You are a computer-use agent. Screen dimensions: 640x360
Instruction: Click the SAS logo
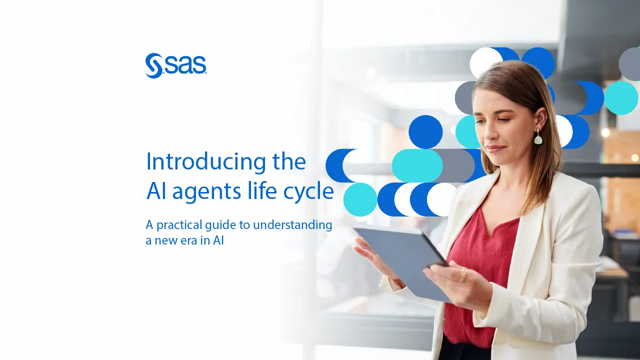(x=175, y=65)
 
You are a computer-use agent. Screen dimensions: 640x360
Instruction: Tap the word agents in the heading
(x=206, y=192)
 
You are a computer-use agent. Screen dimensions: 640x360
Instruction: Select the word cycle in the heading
(x=308, y=191)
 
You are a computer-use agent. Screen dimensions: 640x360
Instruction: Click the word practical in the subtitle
(x=179, y=225)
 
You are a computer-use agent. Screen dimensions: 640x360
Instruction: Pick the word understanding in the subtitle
(x=292, y=225)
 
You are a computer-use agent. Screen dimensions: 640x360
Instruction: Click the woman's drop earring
(x=538, y=136)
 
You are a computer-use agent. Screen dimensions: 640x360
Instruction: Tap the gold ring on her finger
(x=462, y=275)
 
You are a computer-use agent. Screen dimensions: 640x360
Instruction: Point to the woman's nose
(x=489, y=132)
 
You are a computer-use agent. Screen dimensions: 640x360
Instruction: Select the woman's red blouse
(x=483, y=274)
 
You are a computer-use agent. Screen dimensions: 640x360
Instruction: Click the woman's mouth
(x=495, y=148)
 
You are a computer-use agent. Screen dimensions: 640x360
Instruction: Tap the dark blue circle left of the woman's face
(x=425, y=132)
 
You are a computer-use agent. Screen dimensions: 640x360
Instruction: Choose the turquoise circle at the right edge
(x=621, y=98)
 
